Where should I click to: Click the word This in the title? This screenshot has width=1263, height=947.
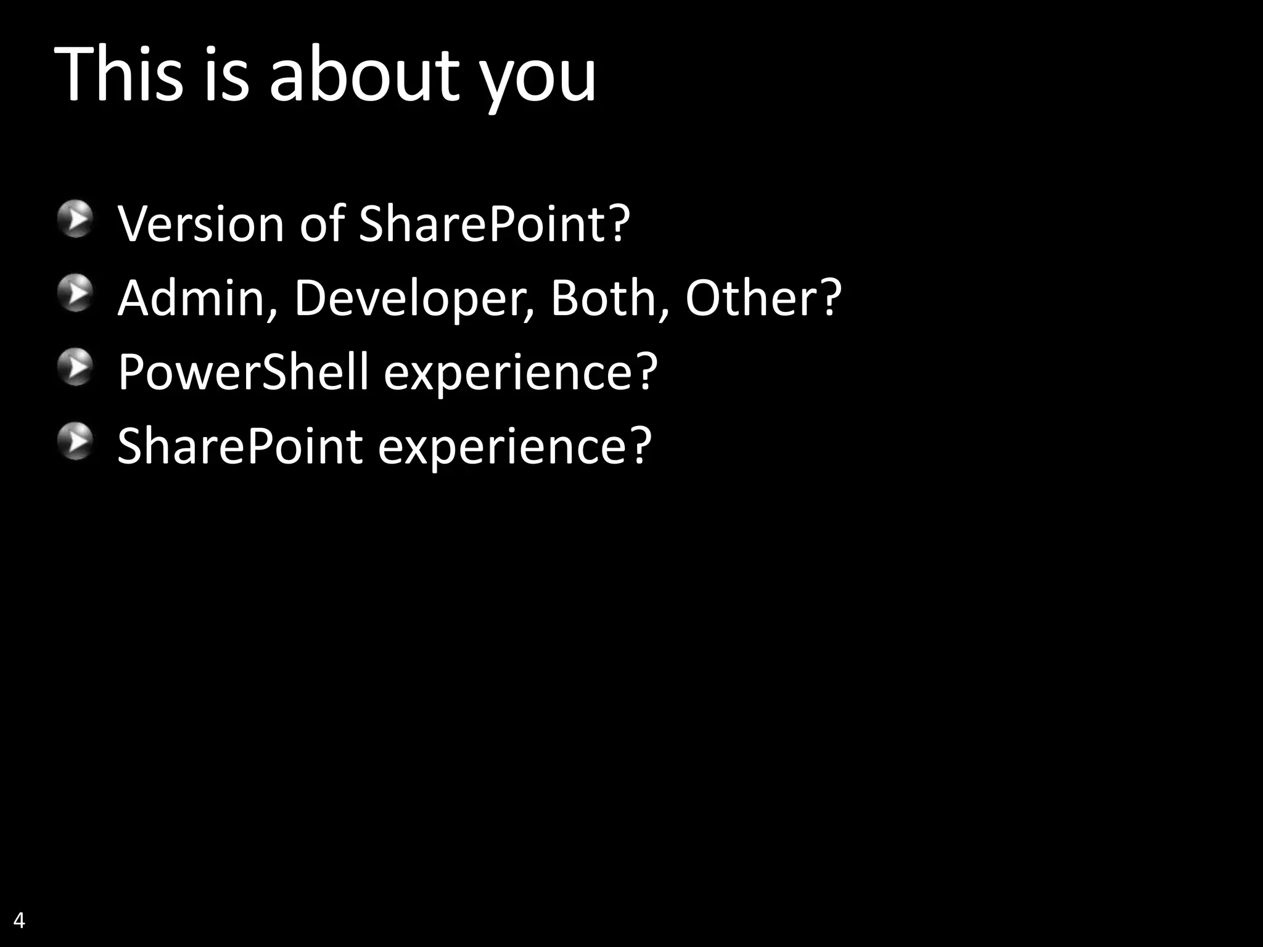tap(119, 75)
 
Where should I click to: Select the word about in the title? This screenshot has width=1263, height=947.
tap(364, 75)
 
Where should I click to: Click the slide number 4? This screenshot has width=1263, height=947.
tap(19, 920)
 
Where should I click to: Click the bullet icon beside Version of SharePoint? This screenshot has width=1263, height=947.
tap(76, 218)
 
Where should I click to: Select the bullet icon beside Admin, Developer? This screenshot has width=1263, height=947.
tap(76, 293)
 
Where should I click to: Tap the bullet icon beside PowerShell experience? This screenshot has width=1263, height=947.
tap(76, 367)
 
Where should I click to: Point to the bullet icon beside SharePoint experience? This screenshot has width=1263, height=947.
tap(76, 441)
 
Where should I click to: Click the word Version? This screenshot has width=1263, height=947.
tap(201, 223)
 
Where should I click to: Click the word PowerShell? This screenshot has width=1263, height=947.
tap(243, 372)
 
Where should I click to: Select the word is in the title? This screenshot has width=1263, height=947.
tap(226, 75)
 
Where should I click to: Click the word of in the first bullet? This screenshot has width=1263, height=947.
tap(321, 223)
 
